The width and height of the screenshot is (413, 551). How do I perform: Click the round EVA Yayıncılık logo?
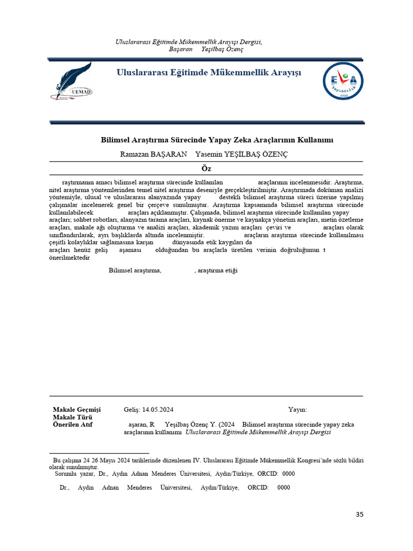pyautogui.click(x=343, y=81)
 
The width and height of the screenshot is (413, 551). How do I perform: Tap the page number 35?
pyautogui.click(x=360, y=515)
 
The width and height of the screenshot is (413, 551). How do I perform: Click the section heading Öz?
pyautogui.click(x=206, y=168)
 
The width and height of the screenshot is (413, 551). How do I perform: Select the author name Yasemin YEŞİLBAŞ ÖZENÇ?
pyautogui.click(x=241, y=154)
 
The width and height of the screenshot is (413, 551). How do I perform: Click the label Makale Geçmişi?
pyautogui.click(x=76, y=409)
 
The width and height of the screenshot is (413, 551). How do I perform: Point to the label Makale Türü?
pyautogui.click(x=73, y=418)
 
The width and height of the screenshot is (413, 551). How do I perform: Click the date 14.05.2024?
pyautogui.click(x=158, y=409)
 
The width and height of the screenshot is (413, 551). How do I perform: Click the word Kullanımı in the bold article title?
pyautogui.click(x=315, y=140)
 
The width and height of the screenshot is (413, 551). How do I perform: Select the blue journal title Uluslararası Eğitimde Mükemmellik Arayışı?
pyautogui.click(x=209, y=73)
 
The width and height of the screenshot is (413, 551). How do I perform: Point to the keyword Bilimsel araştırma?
pyautogui.click(x=135, y=270)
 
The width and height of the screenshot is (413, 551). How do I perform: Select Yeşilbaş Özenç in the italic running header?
pyautogui.click(x=222, y=49)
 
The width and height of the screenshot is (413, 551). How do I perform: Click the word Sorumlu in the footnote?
pyautogui.click(x=67, y=474)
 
